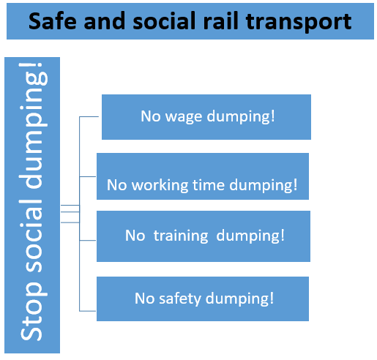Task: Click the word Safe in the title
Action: (53, 21)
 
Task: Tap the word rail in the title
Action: (220, 20)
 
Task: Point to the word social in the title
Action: (164, 20)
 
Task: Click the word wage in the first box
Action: (184, 117)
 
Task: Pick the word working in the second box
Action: (160, 184)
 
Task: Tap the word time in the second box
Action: (209, 184)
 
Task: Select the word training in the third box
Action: (181, 236)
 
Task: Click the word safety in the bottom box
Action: (180, 299)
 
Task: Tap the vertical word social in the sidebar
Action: (31, 235)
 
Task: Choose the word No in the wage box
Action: (151, 116)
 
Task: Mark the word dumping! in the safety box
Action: (239, 299)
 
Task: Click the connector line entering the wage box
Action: (89, 117)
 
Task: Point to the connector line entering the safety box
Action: (87, 311)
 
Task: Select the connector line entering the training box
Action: (87, 241)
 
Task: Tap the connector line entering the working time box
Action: (87, 176)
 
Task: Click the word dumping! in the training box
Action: (250, 236)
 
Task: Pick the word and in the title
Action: (105, 21)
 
